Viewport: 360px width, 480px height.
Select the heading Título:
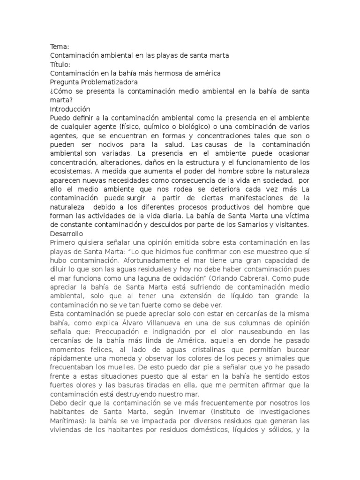(x=60, y=64)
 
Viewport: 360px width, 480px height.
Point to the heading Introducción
(x=70, y=109)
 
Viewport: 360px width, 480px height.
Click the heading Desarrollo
(x=67, y=233)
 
